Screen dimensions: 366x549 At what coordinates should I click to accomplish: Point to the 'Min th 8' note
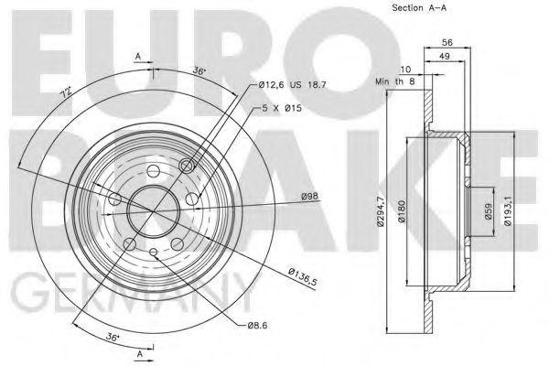click(395, 81)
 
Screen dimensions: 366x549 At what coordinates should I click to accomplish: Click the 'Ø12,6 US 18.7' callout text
click(292, 84)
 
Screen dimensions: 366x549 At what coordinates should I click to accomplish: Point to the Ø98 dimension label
click(311, 195)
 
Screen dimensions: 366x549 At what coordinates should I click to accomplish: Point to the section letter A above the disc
click(137, 56)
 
